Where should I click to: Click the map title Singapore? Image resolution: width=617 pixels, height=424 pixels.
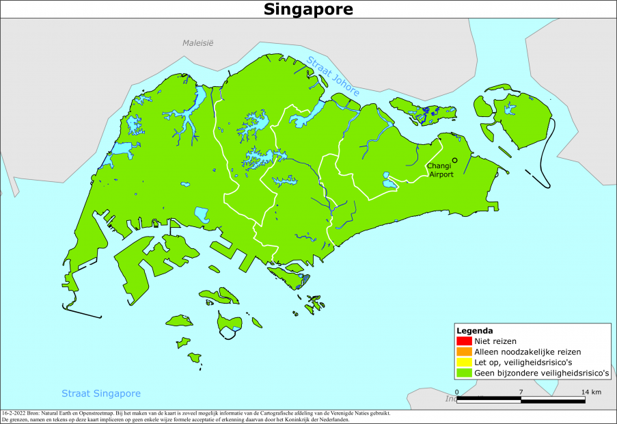point(308,9)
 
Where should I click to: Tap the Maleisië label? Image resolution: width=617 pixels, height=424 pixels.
point(197,42)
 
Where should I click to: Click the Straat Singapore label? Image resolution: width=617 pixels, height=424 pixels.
point(101,393)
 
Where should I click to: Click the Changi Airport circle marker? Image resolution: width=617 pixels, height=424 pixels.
point(454,160)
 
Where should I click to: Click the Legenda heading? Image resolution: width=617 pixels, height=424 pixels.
point(474,330)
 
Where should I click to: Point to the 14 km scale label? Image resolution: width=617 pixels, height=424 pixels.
point(591,392)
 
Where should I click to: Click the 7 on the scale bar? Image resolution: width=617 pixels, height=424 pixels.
point(521,392)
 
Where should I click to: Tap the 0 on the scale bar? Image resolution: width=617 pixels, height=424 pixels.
point(456,392)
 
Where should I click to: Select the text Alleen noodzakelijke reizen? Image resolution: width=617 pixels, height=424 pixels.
point(527,352)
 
